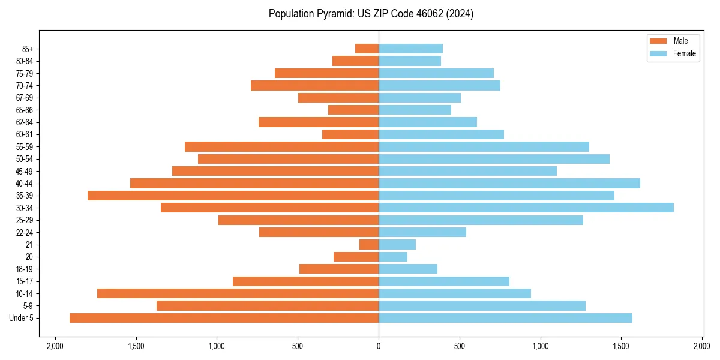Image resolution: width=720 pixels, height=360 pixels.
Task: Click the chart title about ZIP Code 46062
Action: point(371,14)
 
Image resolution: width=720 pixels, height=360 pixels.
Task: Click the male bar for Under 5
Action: point(224,318)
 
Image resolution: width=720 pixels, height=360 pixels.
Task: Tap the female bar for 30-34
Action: point(526,208)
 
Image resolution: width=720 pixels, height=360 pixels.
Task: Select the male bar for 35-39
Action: point(233,196)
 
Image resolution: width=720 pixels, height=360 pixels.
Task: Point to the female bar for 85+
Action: point(410,49)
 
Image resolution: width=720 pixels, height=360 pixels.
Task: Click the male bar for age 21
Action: point(369,244)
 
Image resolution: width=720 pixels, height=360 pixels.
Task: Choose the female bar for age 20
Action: point(393,257)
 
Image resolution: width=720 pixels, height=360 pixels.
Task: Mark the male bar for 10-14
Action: point(238,293)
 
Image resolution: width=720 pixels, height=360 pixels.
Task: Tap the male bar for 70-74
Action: point(314,86)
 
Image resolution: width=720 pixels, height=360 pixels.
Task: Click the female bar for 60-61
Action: point(441,134)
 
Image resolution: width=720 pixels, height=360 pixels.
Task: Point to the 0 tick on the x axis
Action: point(379,346)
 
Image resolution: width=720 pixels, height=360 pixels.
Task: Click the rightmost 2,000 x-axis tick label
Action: point(702,346)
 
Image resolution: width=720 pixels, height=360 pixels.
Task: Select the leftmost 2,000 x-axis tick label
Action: point(55,346)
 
